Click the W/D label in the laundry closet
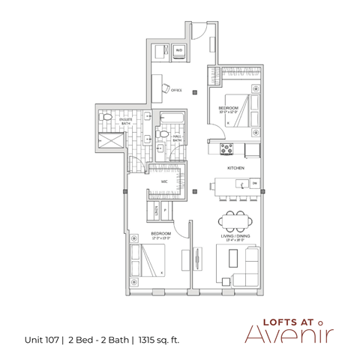click(178, 51)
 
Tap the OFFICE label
click(177, 90)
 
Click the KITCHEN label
click(237, 168)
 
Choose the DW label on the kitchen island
click(255, 183)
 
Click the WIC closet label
click(163, 182)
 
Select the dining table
click(237, 221)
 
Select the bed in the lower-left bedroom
click(149, 262)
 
